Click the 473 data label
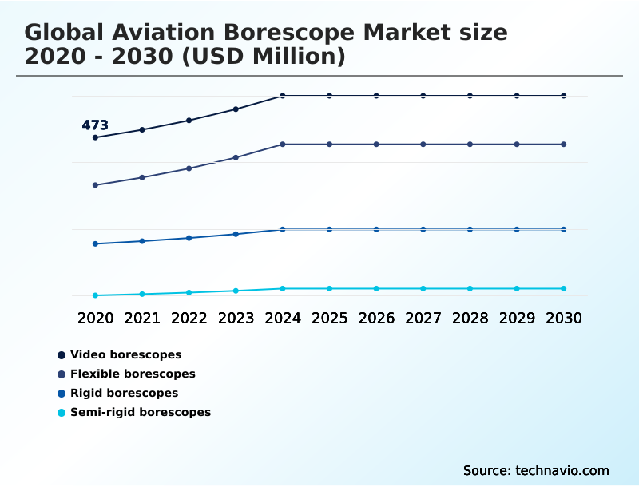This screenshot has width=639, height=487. pos(95,125)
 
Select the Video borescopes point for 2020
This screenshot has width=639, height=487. pos(95,137)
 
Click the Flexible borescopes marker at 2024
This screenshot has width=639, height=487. pos(283,145)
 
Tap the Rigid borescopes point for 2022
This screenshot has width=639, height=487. pos(189,238)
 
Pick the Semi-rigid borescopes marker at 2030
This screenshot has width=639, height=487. pos(563,288)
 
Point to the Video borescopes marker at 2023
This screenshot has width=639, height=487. pos(236,109)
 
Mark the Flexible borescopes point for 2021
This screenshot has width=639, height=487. pos(142,177)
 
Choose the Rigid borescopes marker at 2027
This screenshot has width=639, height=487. pos(423,229)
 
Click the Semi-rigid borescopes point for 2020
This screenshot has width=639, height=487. pos(95,295)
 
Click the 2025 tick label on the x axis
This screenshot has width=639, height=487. pos(329,318)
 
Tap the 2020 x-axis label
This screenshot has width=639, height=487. pos(95,318)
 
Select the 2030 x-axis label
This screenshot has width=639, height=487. pos(563,318)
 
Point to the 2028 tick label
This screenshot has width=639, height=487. pos(470,318)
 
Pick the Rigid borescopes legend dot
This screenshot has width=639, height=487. pos(62,394)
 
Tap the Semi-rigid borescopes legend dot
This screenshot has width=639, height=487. pos(62,413)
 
